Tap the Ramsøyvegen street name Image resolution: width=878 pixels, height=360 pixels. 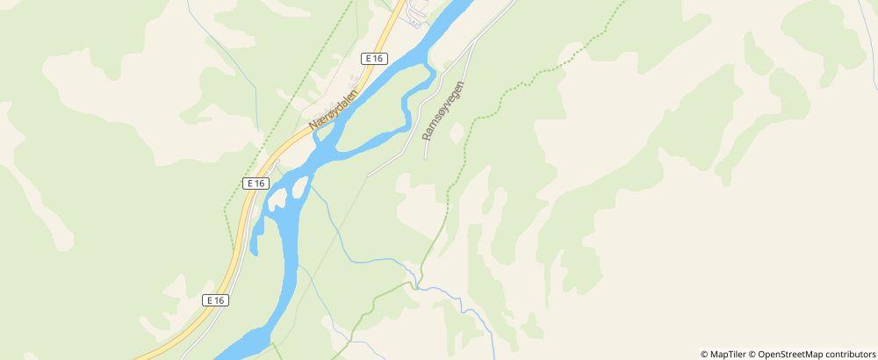443,112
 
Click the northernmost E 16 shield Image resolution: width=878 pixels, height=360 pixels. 374,58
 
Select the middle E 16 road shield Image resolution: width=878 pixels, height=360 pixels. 255,183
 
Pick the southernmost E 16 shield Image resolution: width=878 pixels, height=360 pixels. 215,299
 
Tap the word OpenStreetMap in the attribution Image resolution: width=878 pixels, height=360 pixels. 789,354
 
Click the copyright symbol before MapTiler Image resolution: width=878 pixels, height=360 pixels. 704,354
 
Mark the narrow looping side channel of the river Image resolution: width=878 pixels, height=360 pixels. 407,110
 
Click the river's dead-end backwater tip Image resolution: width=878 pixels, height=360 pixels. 254,251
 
